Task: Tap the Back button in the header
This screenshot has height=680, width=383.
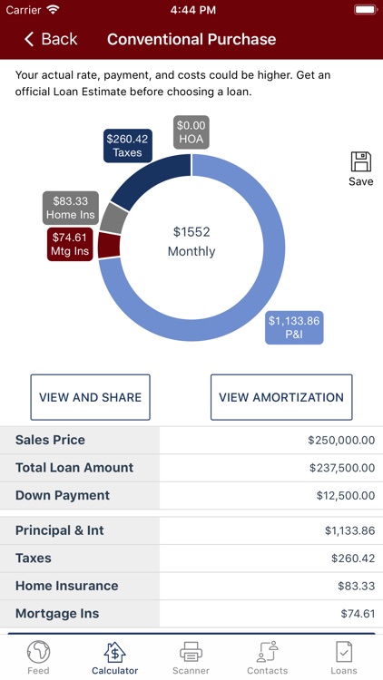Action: [x=51, y=39]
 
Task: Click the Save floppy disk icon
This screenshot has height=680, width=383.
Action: [x=360, y=163]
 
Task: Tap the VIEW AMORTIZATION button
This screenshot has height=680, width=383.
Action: [x=281, y=397]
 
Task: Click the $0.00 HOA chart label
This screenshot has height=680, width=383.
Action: [x=191, y=132]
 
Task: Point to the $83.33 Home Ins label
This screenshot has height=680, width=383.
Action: [x=71, y=208]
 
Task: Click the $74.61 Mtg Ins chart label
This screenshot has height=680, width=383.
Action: [x=71, y=244]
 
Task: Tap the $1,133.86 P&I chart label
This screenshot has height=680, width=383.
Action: [x=294, y=327]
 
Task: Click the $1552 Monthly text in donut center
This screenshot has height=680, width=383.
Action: [x=191, y=241]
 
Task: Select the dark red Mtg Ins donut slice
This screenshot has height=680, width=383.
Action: [x=109, y=245]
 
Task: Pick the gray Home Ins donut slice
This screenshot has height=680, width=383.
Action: [x=113, y=219]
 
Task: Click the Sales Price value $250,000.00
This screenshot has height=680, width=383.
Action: [x=341, y=440]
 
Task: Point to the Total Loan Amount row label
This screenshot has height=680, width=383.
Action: [x=74, y=468]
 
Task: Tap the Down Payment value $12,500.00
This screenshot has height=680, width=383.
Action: [x=344, y=496]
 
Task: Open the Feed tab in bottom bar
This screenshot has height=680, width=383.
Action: [x=38, y=657]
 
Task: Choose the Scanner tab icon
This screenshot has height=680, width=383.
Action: [x=191, y=652]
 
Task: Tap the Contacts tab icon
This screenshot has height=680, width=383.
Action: [x=267, y=652]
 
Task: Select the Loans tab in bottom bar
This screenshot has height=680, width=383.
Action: [x=344, y=657]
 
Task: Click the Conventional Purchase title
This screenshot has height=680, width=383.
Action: [x=191, y=39]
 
